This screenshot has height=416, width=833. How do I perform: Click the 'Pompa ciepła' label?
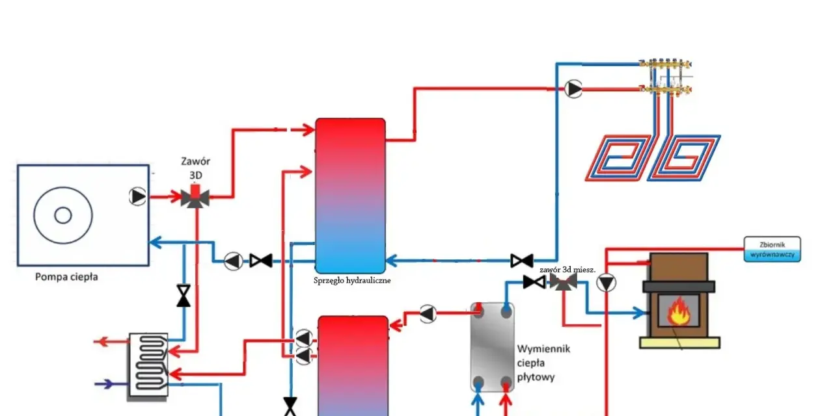[x=66, y=277]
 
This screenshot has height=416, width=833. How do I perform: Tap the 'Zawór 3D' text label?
[x=196, y=168]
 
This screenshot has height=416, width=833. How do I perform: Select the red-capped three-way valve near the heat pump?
[x=195, y=196]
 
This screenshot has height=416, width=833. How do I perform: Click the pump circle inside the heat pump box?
[x=137, y=196]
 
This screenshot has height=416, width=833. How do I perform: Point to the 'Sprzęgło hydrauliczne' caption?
[x=352, y=280]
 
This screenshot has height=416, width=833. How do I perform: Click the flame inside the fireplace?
[x=678, y=311]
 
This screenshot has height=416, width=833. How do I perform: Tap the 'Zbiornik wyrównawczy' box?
[x=772, y=249]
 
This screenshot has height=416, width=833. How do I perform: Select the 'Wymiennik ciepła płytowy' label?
[x=543, y=363]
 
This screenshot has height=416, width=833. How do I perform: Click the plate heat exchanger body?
[x=493, y=347]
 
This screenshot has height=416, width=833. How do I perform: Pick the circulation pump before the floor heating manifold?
[x=573, y=89]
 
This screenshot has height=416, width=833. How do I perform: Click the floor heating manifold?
[x=666, y=77]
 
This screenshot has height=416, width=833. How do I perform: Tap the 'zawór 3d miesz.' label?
[x=567, y=270]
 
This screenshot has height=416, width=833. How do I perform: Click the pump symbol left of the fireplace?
[x=606, y=283]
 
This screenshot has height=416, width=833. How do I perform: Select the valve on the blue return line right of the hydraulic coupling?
[x=522, y=261]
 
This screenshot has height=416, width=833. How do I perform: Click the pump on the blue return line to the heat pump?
[x=234, y=261]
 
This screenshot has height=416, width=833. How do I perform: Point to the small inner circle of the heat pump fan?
[x=63, y=215]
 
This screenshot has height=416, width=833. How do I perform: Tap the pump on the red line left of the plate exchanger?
[x=428, y=314]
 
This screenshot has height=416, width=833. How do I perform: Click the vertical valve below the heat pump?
[x=184, y=296]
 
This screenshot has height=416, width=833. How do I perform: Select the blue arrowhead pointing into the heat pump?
[x=155, y=242]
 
